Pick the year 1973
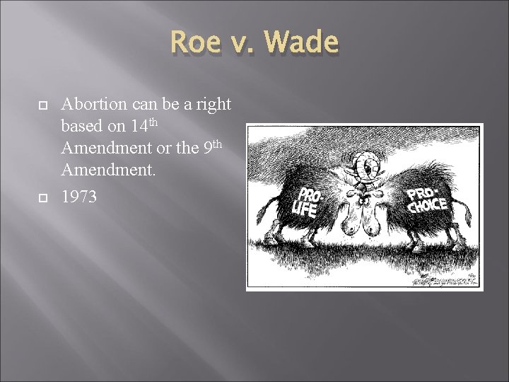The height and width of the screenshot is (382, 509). coord(79,197)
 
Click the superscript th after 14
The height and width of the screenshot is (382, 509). coord(158,123)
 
